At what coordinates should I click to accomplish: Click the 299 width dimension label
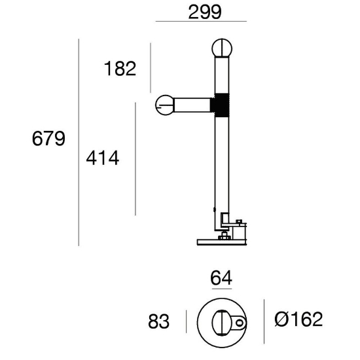[205, 12]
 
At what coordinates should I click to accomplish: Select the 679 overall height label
[48, 139]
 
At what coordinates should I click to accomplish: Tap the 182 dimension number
[120, 69]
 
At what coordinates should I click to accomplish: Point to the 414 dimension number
[103, 158]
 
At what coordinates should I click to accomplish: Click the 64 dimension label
[221, 278]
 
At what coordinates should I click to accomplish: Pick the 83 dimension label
[159, 321]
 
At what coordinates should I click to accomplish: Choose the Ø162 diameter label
[298, 319]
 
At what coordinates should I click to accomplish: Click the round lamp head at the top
[222, 48]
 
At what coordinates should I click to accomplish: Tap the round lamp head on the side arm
[165, 105]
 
